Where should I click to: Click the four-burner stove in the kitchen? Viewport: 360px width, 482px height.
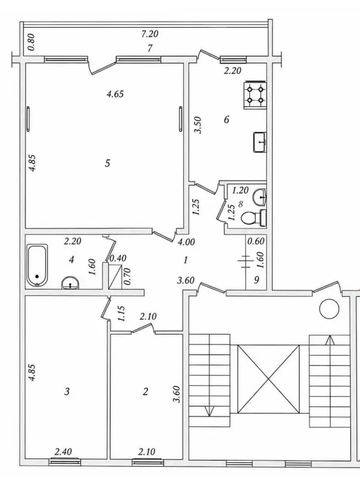pyautogui.click(x=255, y=95)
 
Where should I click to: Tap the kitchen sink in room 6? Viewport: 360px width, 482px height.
pyautogui.click(x=260, y=142)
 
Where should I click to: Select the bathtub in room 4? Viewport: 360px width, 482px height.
pyautogui.click(x=37, y=265)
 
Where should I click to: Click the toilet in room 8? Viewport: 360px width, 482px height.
pyautogui.click(x=253, y=218)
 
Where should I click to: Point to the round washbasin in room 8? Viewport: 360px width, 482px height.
pyautogui.click(x=259, y=197)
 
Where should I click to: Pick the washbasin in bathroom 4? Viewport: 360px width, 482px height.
pyautogui.click(x=70, y=283)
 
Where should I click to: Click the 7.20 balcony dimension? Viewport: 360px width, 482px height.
pyautogui.click(x=150, y=34)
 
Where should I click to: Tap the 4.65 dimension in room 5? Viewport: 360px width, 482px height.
pyautogui.click(x=115, y=94)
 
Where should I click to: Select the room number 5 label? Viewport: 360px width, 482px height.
pyautogui.click(x=107, y=163)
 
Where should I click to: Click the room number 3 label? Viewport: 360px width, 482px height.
pyautogui.click(x=67, y=391)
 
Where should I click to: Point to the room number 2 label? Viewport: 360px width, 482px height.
pyautogui.click(x=146, y=391)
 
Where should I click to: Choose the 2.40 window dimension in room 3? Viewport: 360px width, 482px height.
pyautogui.click(x=63, y=451)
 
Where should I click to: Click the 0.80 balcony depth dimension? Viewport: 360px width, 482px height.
pyautogui.click(x=31, y=42)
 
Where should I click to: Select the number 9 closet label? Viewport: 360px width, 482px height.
pyautogui.click(x=257, y=280)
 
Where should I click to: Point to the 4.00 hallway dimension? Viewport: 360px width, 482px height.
pyautogui.click(x=187, y=242)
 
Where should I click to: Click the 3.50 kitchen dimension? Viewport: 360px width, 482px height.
pyautogui.click(x=199, y=125)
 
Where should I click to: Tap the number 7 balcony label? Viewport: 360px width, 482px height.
pyautogui.click(x=150, y=48)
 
